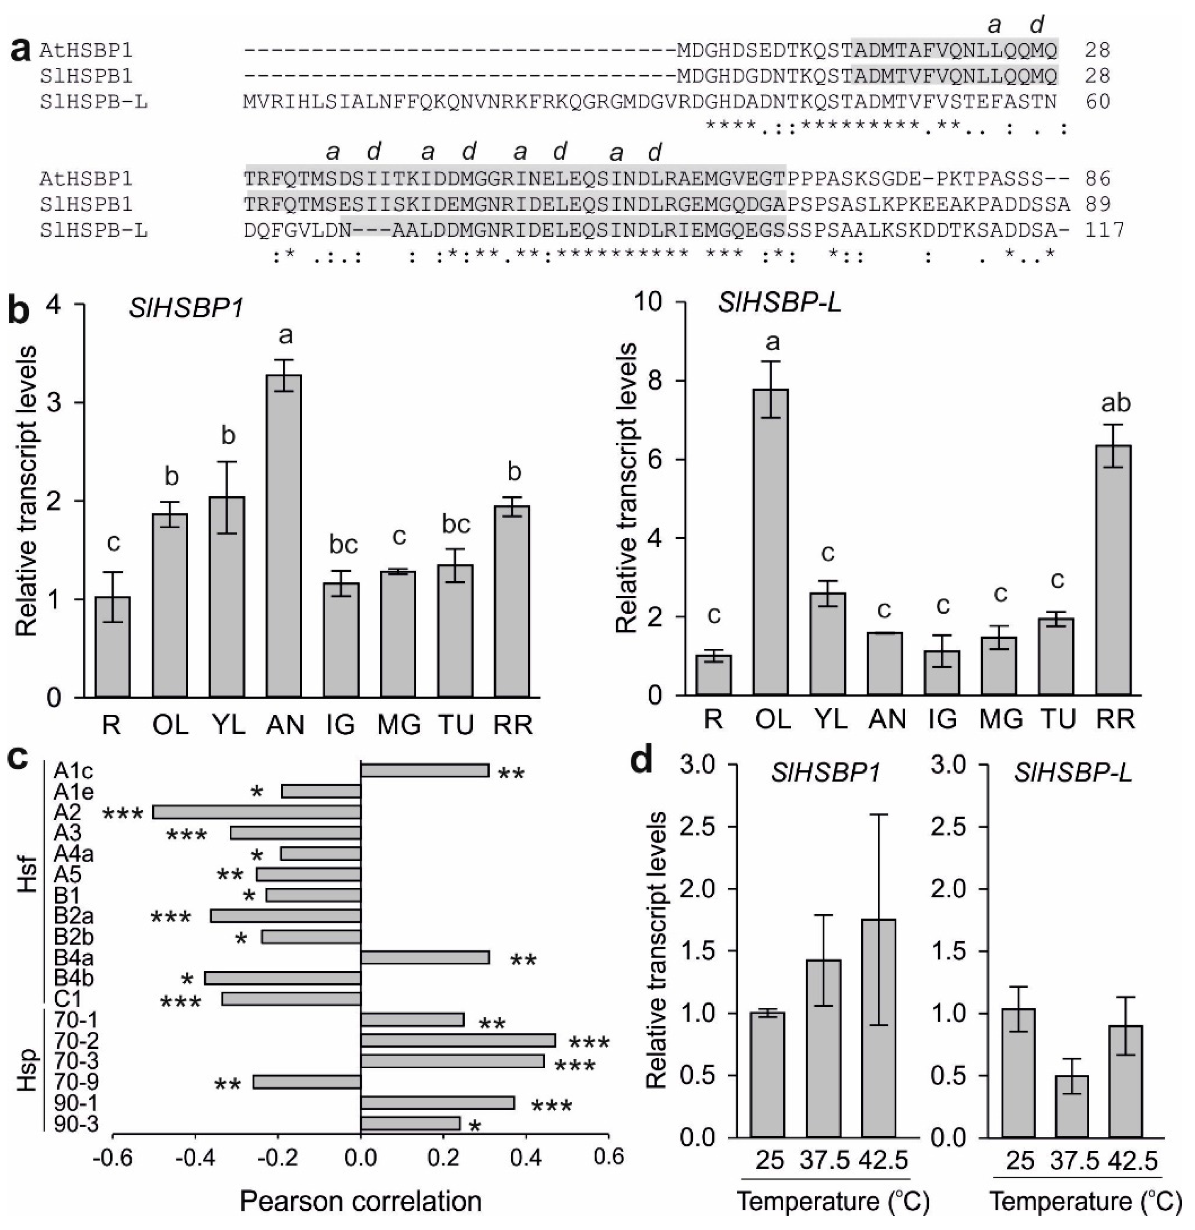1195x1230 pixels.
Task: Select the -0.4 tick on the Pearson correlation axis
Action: coord(195,1157)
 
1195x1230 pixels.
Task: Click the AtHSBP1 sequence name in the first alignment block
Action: coord(86,50)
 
